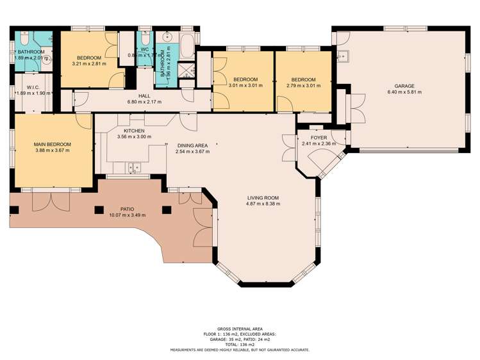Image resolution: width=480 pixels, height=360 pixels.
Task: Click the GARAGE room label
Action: pos(404,86)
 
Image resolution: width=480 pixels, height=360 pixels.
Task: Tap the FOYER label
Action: pos(319,138)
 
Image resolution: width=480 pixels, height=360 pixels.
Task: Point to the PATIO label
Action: pos(128,209)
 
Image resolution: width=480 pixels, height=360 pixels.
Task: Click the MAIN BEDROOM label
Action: pos(53,144)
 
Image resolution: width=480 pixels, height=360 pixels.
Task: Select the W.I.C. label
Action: pos(34,86)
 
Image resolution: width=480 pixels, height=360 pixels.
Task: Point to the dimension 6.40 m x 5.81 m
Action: pos(404,92)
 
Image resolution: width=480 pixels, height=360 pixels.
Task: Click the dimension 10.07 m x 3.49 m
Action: pos(128,215)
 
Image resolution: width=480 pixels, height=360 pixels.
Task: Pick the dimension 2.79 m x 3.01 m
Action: pos(303,86)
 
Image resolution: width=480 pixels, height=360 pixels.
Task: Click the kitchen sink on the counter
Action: pos(135,168)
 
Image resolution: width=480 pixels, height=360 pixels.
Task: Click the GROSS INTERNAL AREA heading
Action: pos(240,329)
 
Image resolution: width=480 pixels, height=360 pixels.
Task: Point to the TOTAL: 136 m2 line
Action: pos(240,345)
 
